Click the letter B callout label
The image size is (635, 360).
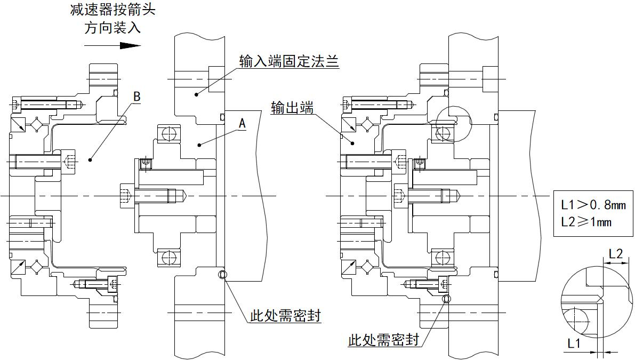[136, 97]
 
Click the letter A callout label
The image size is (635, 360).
[242, 124]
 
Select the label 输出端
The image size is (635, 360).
[292, 108]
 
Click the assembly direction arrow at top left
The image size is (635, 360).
[112, 45]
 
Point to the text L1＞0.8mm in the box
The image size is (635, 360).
[593, 204]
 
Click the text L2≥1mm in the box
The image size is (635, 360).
[586, 221]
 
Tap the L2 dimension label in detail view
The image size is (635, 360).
[615, 254]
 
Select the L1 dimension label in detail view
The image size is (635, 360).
[574, 344]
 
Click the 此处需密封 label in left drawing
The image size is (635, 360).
[285, 316]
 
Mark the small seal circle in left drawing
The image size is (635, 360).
[222, 275]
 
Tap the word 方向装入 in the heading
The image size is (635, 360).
[112, 28]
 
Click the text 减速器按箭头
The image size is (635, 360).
[112, 10]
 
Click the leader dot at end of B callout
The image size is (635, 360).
[90, 159]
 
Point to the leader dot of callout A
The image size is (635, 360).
[198, 144]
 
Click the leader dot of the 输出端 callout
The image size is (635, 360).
[352, 142]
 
